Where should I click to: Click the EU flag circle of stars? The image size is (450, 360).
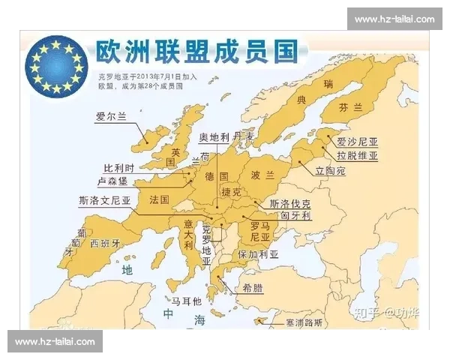pyautogui.click(x=57, y=67)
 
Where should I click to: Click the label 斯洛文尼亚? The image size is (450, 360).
pyautogui.click(x=104, y=201)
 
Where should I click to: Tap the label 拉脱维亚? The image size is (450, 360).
pyautogui.click(x=357, y=156)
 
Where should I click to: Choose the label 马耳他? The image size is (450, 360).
pyautogui.click(x=187, y=301)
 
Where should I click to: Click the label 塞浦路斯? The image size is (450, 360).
pyautogui.click(x=325, y=323)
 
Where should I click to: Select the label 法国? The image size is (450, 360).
pyautogui.click(x=159, y=199)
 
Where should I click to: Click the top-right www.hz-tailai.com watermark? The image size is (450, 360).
pyautogui.click(x=394, y=19)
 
